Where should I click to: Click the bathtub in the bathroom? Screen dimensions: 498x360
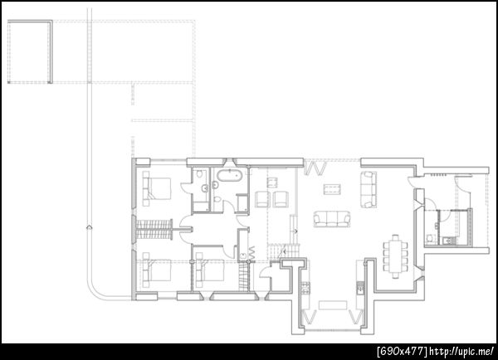coord(229,175)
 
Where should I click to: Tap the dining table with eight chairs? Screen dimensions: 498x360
coord(395,256)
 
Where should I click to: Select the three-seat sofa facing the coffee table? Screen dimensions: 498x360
coord(332,219)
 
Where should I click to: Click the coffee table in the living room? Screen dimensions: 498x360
coord(332,189)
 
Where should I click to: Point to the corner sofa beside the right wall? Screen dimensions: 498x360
coord(369,189)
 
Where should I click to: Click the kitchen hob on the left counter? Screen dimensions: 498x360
coord(305,287)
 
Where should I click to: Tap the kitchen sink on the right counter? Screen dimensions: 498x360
coord(360,289)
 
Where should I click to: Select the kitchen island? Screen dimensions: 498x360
coord(333,305)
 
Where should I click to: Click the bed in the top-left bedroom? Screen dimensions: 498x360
coord(157,188)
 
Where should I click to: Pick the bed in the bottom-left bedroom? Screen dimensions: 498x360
coord(157,270)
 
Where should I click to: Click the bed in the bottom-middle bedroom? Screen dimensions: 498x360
coord(210,270)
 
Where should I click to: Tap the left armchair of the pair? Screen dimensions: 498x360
coord(262,199)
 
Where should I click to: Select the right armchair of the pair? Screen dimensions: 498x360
coord(281,199)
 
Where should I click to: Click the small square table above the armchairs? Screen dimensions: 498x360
coord(272,182)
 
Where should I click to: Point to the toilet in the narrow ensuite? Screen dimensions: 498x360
coord(199,173)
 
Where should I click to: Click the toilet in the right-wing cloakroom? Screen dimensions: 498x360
coord(429,237)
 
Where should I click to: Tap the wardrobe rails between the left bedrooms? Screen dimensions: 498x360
coord(154,229)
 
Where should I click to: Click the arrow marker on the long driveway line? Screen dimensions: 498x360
coord(90,227)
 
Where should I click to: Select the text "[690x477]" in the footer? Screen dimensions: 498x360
coord(402,352)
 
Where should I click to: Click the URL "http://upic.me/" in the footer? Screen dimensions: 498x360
coord(461,352)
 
